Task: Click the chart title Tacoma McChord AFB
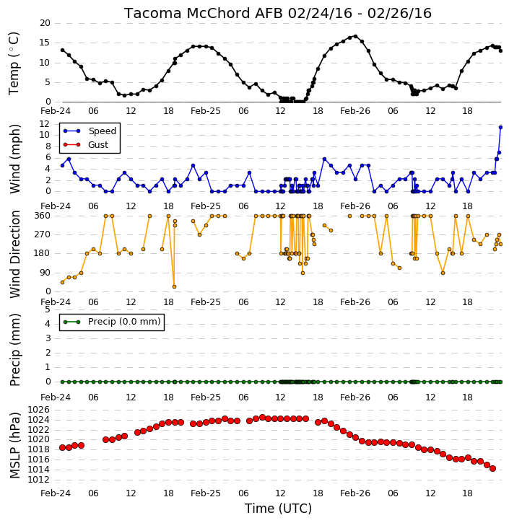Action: pyautogui.click(x=203, y=13)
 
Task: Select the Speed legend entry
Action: pyautogui.click(x=90, y=131)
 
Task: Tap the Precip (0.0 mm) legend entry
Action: pyautogui.click(x=112, y=322)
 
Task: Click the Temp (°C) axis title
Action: pyautogui.click(x=14, y=63)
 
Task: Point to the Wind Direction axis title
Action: pyautogui.click(x=15, y=254)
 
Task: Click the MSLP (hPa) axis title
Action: pyautogui.click(x=15, y=445)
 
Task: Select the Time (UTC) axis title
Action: pyautogui.click(x=278, y=509)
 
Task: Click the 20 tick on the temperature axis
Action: pyautogui.click(x=45, y=23)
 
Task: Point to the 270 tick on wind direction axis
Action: pyautogui.click(x=43, y=234)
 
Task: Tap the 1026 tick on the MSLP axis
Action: pyautogui.click(x=38, y=410)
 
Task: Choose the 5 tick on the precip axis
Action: pyautogui.click(x=48, y=309)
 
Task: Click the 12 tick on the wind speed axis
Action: pyautogui.click(x=45, y=124)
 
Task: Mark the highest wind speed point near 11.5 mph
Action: pyautogui.click(x=500, y=128)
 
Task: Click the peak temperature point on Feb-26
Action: pyautogui.click(x=355, y=36)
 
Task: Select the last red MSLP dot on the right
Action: pyautogui.click(x=492, y=469)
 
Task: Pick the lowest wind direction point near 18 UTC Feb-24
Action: pyautogui.click(x=174, y=287)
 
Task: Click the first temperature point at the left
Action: pyautogui.click(x=62, y=50)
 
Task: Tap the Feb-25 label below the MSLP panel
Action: pyautogui.click(x=206, y=493)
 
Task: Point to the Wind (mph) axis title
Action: pyautogui.click(x=15, y=159)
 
